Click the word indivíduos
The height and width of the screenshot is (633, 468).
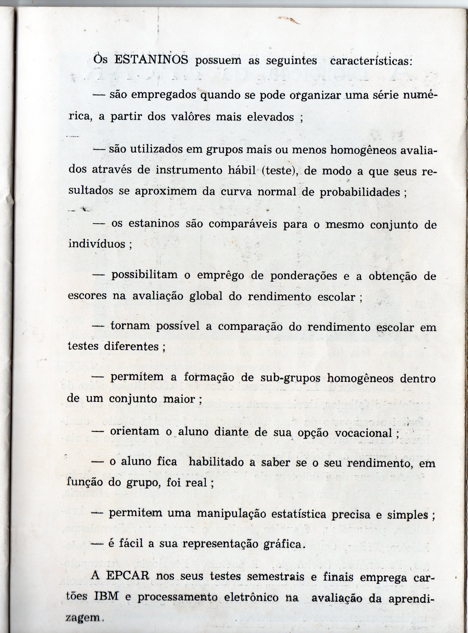[97, 244]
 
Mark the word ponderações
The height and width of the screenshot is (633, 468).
[304, 276]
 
